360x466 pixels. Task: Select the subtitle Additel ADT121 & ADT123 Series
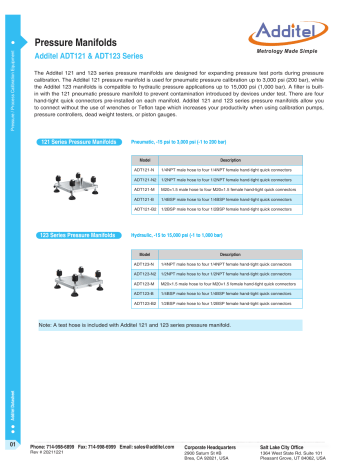click(97, 59)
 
